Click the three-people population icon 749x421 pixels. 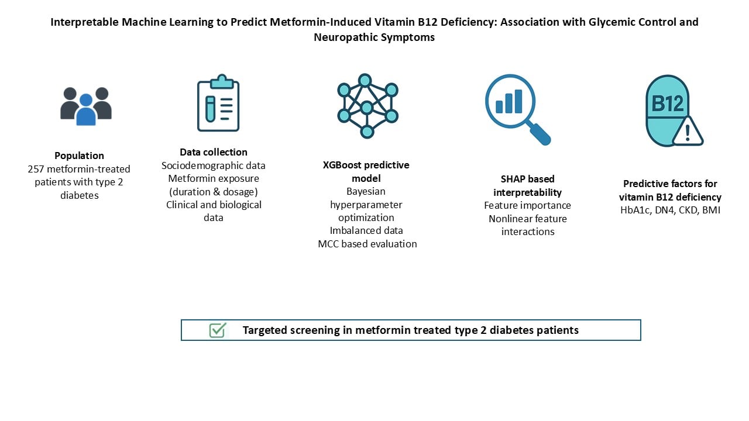click(86, 106)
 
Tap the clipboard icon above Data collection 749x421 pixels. click(218, 103)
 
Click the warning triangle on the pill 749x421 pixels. click(687, 132)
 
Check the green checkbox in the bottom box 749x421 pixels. click(217, 330)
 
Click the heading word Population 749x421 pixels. click(79, 156)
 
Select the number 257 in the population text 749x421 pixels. click(37, 169)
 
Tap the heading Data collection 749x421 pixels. click(214, 152)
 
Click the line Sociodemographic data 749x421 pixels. click(214, 165)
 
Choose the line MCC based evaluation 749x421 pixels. click(367, 244)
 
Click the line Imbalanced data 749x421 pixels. click(366, 230)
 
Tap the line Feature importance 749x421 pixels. click(527, 205)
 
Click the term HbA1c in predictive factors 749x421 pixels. click(633, 210)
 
